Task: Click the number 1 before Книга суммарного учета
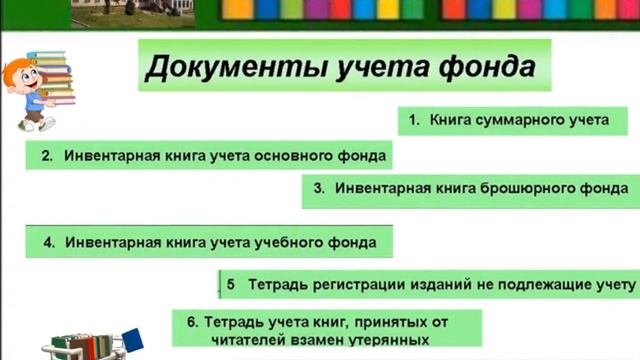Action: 414,121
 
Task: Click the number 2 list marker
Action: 46,156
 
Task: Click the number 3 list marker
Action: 319,187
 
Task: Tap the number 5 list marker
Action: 230,284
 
